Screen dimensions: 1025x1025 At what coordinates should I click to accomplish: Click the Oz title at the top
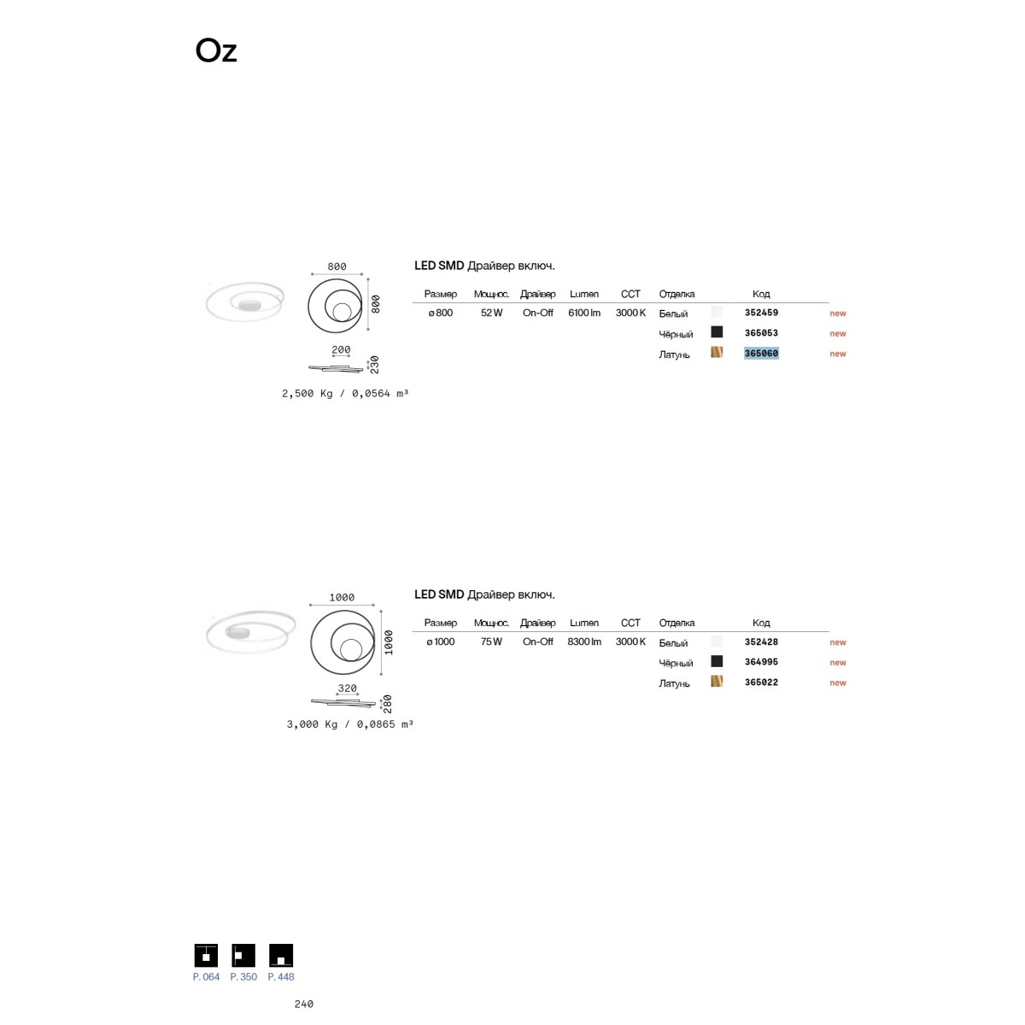tap(215, 51)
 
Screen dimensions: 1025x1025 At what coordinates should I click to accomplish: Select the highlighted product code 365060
tap(761, 353)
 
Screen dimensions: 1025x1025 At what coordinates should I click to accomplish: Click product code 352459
tap(761, 313)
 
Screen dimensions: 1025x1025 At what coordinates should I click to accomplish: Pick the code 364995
tap(761, 662)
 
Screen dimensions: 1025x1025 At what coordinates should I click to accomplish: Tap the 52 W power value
tap(491, 313)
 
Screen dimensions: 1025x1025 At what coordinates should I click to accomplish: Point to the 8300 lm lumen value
tap(584, 641)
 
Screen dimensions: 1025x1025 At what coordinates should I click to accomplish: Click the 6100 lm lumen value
tap(584, 313)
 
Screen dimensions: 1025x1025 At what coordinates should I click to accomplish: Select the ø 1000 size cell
tap(441, 641)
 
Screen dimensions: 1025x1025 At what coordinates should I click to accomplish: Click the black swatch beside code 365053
tap(717, 332)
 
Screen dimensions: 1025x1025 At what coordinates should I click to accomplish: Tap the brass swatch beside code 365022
tap(717, 681)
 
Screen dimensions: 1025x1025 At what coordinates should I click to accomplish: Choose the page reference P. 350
tap(243, 976)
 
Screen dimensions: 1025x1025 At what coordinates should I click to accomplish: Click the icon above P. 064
tap(206, 955)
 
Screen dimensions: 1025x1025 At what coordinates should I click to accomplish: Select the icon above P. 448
tap(281, 955)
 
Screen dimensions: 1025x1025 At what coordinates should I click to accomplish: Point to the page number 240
tap(304, 1004)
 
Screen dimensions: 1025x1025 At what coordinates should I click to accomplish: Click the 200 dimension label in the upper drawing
tap(341, 349)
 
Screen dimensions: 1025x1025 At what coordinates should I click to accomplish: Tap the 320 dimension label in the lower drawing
tap(347, 688)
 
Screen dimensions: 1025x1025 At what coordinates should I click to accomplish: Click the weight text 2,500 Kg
tap(307, 394)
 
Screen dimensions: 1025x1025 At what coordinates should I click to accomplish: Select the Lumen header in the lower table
tap(584, 623)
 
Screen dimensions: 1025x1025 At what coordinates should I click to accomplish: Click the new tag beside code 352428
tap(838, 642)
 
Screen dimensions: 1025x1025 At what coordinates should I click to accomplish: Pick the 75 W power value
tap(491, 641)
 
